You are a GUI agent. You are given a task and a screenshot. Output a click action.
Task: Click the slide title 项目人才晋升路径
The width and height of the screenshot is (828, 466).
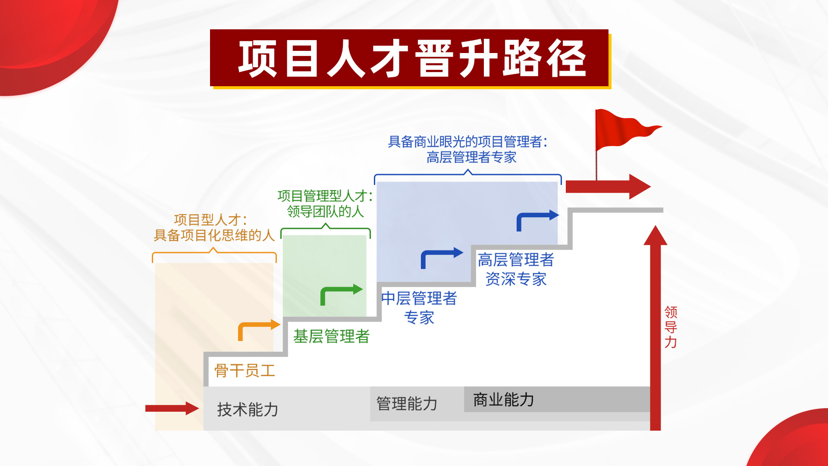[x=412, y=59]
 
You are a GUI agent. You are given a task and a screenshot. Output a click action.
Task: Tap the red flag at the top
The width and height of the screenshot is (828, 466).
[x=625, y=129]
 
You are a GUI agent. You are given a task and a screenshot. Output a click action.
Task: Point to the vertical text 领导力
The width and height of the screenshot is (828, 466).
[x=671, y=327]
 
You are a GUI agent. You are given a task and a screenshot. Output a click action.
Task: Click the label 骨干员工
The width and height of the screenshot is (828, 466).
[x=245, y=370]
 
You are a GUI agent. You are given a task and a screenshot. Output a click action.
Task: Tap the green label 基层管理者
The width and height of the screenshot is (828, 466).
[x=331, y=336]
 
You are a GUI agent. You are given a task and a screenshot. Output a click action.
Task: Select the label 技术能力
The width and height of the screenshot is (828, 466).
[x=248, y=409]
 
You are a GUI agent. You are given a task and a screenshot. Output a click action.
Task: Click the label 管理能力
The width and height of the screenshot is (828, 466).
[x=407, y=403]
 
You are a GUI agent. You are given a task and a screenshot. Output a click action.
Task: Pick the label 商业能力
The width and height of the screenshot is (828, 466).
[x=503, y=400]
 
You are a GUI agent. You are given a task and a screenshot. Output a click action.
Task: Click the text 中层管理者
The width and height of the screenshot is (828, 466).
[x=419, y=298]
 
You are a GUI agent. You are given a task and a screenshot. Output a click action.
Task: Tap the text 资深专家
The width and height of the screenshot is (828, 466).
[x=516, y=279]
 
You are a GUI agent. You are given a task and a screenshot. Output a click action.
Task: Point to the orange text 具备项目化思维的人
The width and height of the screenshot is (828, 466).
[x=214, y=235]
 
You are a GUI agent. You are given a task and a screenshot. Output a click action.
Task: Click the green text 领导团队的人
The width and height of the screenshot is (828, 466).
[x=326, y=211]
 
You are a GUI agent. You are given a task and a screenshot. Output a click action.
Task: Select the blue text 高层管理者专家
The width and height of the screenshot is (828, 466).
[x=471, y=157]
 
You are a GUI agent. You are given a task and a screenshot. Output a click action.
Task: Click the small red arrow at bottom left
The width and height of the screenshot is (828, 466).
[x=172, y=408]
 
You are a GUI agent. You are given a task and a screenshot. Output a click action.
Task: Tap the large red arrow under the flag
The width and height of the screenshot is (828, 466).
[x=608, y=187]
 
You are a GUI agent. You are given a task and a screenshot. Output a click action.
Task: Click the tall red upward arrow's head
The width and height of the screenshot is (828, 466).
[x=655, y=235]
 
